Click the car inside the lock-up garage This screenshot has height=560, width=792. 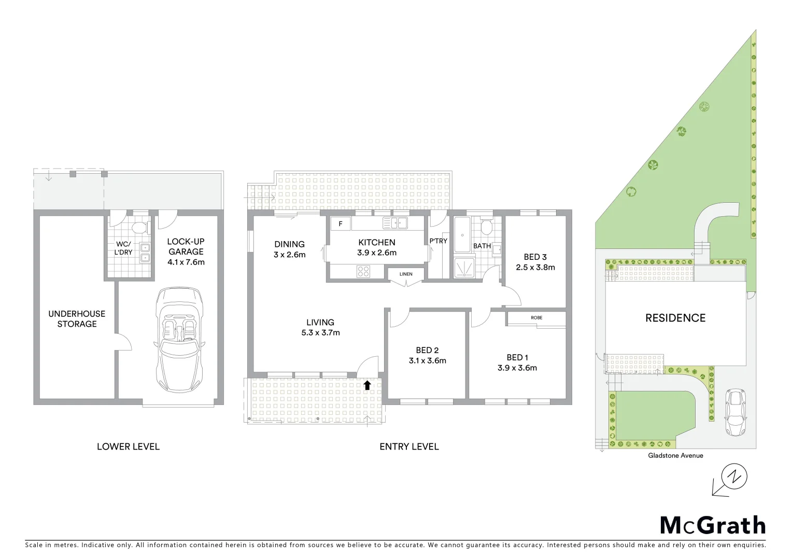(x=179, y=341)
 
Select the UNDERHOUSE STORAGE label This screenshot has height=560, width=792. (x=77, y=319)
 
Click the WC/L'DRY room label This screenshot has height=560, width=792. (x=123, y=248)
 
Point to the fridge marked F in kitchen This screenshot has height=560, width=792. (x=341, y=224)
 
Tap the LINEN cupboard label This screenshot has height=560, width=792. (x=406, y=274)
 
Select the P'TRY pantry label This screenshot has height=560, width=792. (x=438, y=241)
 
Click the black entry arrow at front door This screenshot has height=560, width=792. (x=367, y=385)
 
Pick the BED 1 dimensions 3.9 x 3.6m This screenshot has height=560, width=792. (x=517, y=368)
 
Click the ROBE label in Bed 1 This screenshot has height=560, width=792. (x=536, y=318)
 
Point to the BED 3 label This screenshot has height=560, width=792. (x=535, y=257)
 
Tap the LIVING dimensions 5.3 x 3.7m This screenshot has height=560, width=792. (x=320, y=332)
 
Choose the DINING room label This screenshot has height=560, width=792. (x=289, y=244)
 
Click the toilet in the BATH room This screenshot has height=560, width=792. (x=486, y=227)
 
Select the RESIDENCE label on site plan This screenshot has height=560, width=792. (x=675, y=318)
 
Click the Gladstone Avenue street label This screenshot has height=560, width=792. (x=675, y=456)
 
